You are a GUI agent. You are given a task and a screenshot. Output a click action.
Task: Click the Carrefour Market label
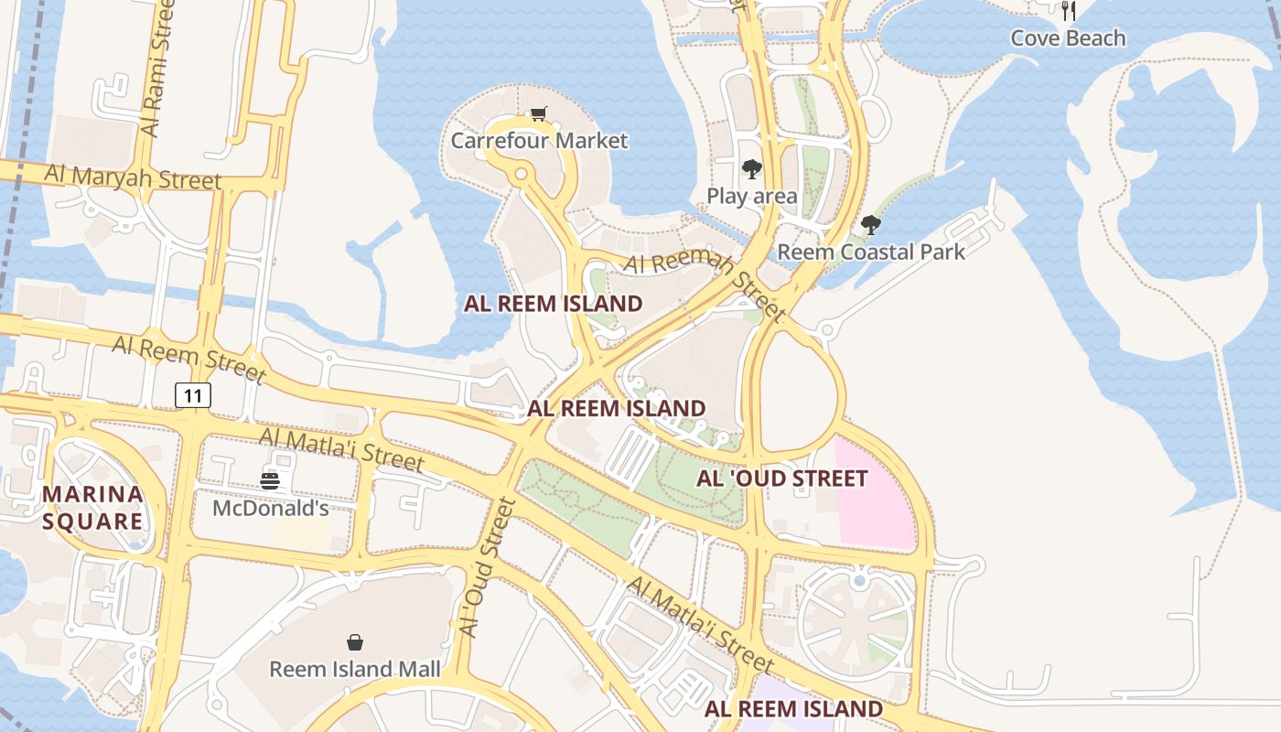(x=539, y=141)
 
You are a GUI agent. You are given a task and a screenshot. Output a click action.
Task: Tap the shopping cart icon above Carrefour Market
(x=539, y=114)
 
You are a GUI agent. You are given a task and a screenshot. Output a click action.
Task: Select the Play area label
(x=752, y=196)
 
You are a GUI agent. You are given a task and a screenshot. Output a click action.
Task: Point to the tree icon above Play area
(x=752, y=169)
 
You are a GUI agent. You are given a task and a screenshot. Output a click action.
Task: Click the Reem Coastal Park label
(x=871, y=252)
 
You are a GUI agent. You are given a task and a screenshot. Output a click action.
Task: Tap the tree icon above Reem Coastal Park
(x=871, y=224)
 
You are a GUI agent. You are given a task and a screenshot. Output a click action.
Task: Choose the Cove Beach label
(x=1068, y=38)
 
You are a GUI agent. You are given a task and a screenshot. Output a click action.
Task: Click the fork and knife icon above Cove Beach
(x=1068, y=11)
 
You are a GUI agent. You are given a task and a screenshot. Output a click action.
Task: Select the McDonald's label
(x=271, y=508)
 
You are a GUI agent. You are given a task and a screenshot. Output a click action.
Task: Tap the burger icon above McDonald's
(x=270, y=481)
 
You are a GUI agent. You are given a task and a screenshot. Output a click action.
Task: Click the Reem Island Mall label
(x=355, y=669)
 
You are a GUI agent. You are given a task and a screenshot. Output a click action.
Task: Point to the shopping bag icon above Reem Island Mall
(x=355, y=642)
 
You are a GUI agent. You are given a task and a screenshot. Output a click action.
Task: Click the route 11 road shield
(x=193, y=395)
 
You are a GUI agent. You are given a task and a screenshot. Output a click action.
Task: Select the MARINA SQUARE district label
(x=92, y=508)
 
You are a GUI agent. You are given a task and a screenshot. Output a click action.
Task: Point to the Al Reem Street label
(x=188, y=358)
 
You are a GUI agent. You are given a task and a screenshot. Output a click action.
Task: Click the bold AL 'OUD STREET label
(x=782, y=479)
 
